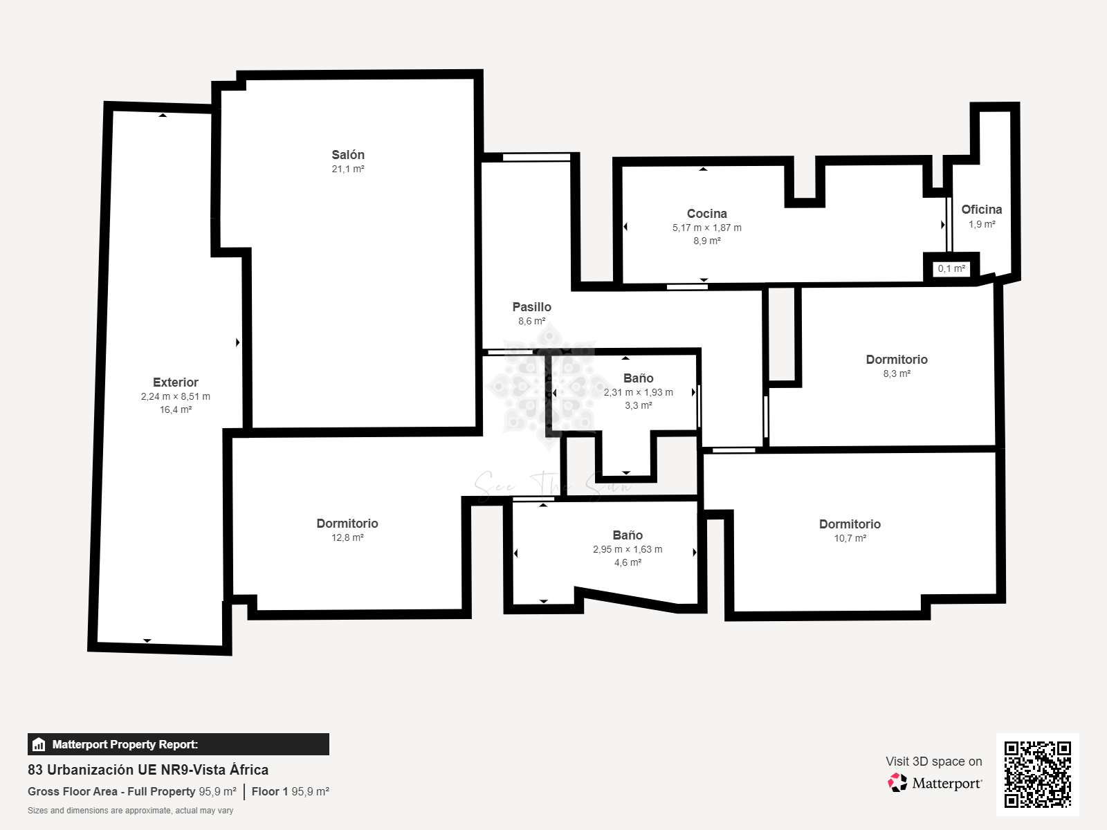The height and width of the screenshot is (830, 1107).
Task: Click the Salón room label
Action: [348, 155]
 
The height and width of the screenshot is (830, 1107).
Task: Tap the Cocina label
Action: [706, 214]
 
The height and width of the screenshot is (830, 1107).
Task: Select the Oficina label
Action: [981, 209]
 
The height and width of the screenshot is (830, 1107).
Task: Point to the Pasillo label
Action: [531, 307]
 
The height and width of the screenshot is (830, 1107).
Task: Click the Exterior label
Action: [176, 382]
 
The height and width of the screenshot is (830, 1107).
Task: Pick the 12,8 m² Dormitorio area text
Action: [347, 537]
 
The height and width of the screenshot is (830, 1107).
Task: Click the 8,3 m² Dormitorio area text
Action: [897, 374]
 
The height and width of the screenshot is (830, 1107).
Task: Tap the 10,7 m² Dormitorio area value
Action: [850, 538]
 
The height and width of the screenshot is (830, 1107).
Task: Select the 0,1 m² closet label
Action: [951, 268]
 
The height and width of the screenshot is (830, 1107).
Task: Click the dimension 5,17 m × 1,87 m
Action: [706, 228]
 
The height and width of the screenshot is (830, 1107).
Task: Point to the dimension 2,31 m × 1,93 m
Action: [638, 392]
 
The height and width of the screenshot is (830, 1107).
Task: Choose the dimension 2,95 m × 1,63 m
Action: [628, 549]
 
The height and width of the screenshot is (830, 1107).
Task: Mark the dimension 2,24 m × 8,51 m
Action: [176, 396]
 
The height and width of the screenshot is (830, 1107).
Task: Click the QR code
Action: [1037, 774]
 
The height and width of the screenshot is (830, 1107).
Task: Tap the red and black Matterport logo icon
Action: [897, 783]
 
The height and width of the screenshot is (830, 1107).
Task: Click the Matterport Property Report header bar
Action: [178, 744]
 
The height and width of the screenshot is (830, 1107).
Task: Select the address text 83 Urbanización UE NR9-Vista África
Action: [148, 770]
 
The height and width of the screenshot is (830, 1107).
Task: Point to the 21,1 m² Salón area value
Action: [348, 169]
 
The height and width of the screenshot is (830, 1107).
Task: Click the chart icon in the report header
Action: [39, 744]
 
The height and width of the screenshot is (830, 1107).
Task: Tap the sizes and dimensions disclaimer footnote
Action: [130, 811]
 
